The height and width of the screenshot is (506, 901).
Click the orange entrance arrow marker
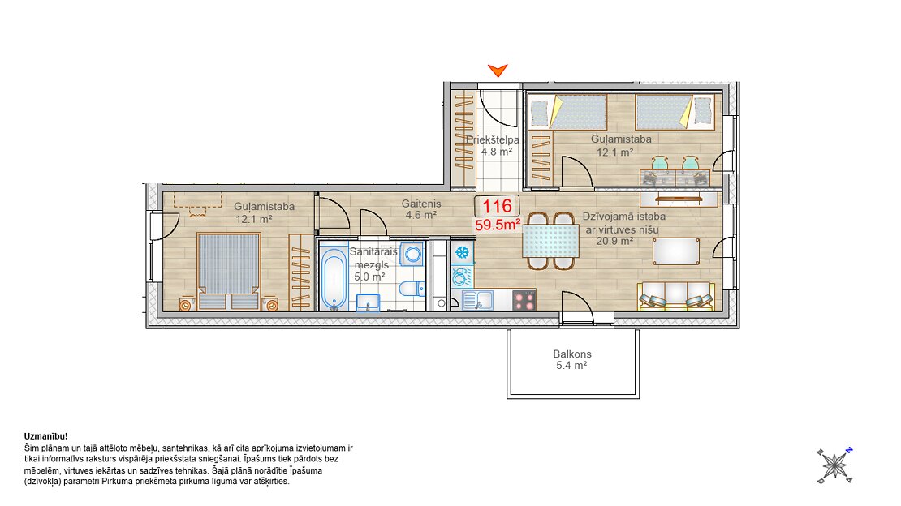click(x=498, y=71)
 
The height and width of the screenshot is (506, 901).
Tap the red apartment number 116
click(x=497, y=206)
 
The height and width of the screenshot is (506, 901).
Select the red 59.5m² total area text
click(x=498, y=225)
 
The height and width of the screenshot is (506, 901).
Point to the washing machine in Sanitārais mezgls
click(x=412, y=254)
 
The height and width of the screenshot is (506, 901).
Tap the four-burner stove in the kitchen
click(x=524, y=300)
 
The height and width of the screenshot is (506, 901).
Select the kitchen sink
click(x=477, y=300)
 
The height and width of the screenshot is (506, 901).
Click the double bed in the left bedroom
click(x=229, y=271)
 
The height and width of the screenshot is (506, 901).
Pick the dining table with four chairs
click(x=550, y=241)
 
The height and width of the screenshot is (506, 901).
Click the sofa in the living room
click(x=676, y=296)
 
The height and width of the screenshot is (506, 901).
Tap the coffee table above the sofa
click(x=676, y=251)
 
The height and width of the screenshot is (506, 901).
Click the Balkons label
click(x=572, y=354)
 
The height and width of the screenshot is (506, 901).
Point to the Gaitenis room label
click(x=421, y=204)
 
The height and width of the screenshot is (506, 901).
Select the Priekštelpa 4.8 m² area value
click(x=497, y=152)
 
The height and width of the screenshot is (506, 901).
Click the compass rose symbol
click(x=834, y=465)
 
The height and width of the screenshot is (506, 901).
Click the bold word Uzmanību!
click(x=46, y=436)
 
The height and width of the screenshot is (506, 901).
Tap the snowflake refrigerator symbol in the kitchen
click(x=461, y=251)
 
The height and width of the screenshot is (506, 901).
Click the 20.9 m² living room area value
click(x=614, y=241)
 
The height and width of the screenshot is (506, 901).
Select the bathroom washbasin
click(x=368, y=302)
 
